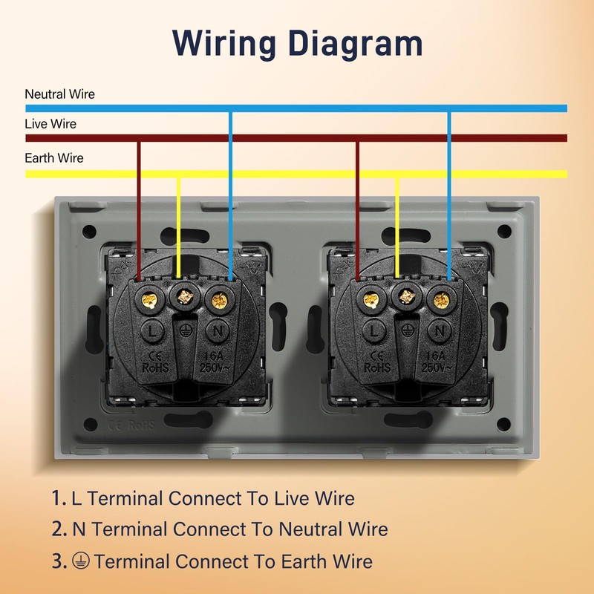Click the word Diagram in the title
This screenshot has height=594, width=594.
tap(356, 45)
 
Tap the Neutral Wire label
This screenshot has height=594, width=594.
tap(60, 94)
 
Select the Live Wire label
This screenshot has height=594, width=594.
tap(50, 124)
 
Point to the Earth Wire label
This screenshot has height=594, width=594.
tap(54, 158)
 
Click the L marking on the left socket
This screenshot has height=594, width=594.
tap(152, 331)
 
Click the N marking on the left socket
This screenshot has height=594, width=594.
tap(218, 331)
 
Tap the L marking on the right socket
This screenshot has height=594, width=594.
tap(374, 331)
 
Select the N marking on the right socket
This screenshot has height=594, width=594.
tap(440, 331)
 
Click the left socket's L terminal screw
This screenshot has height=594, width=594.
tap(149, 301)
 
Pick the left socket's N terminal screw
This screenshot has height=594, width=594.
tap(219, 301)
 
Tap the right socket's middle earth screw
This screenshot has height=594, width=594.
tap(406, 296)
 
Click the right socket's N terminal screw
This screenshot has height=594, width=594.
tap(441, 301)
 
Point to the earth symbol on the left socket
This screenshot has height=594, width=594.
tap(185, 330)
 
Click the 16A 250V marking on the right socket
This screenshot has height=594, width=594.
tap(436, 362)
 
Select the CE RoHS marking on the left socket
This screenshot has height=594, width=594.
tap(155, 362)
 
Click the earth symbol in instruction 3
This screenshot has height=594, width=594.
tap(81, 561)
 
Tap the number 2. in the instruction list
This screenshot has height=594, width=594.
tap(59, 529)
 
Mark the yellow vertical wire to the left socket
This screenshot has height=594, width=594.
tap(179, 227)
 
